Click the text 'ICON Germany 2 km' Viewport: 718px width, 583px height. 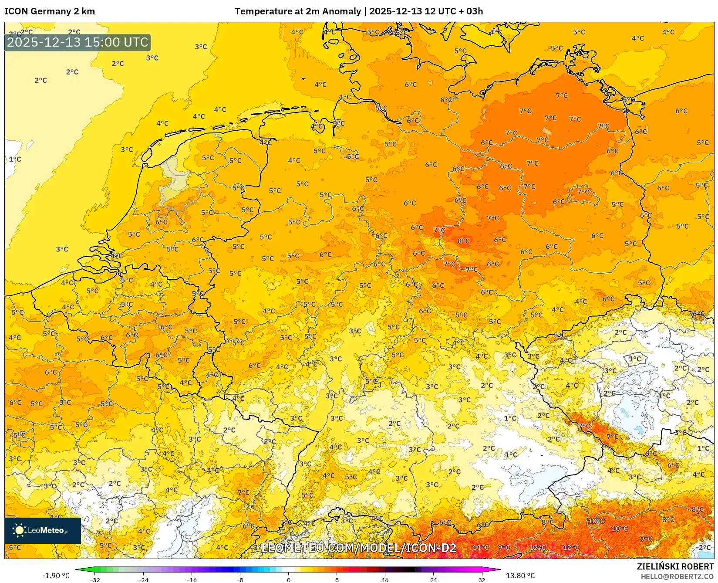pyautogui.click(x=49, y=11)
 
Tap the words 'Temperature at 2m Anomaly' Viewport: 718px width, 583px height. pyautogui.click(x=298, y=11)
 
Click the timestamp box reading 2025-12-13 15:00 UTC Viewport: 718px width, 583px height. pyautogui.click(x=78, y=42)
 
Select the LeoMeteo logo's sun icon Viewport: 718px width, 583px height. pyautogui.click(x=19, y=530)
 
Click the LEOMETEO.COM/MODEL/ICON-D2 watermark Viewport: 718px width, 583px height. pyautogui.click(x=359, y=548)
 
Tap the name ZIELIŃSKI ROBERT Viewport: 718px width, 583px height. pyautogui.click(x=675, y=566)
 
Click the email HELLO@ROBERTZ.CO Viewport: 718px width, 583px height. pyautogui.click(x=677, y=576)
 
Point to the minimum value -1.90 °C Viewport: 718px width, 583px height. pyautogui.click(x=56, y=576)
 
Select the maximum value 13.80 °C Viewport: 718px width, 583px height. pyautogui.click(x=520, y=576)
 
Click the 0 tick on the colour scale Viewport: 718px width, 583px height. pyautogui.click(x=288, y=580)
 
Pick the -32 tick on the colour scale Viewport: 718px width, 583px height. pyautogui.click(x=95, y=580)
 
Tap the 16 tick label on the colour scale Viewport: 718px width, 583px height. pyautogui.click(x=385, y=580)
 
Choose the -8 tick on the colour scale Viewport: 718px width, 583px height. pyautogui.click(x=240, y=580)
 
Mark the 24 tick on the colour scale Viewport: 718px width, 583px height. pyautogui.click(x=433, y=580)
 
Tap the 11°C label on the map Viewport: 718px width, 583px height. pyautogui.click(x=481, y=547)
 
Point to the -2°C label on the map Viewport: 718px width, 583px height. pyautogui.click(x=703, y=547)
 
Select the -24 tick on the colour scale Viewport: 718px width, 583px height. pyautogui.click(x=143, y=580)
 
